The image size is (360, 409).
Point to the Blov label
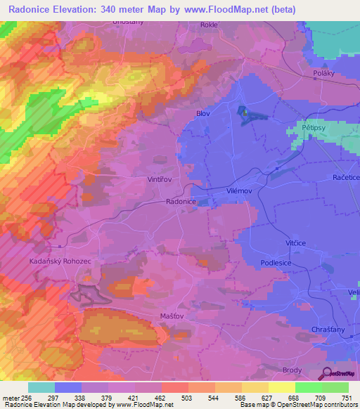pyautogui.click(x=203, y=112)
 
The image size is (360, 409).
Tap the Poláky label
pyautogui.click(x=326, y=73)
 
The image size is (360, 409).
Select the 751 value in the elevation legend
pyautogui.click(x=347, y=398)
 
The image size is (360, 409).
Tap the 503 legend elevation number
pyautogui.click(x=188, y=398)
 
